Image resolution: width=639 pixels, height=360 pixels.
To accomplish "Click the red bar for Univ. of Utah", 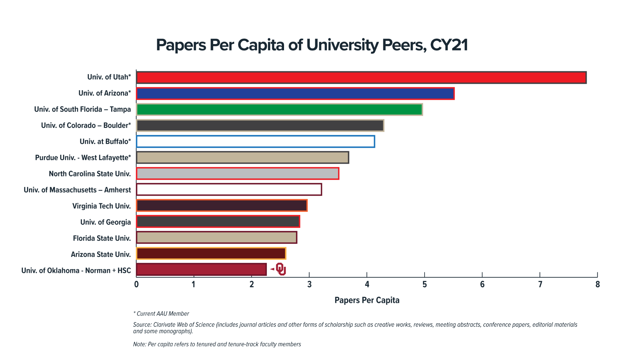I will (361, 78).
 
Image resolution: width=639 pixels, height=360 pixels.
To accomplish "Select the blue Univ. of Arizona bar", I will (295, 94).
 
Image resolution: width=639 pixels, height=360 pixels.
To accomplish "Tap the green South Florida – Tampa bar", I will (280, 109).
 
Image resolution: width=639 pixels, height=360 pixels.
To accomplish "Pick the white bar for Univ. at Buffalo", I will (256, 142).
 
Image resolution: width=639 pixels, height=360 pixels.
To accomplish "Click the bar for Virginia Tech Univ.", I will (222, 206).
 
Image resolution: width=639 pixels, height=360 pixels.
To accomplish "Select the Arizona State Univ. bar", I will (211, 254).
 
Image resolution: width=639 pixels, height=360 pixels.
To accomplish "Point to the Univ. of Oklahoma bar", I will (201, 270).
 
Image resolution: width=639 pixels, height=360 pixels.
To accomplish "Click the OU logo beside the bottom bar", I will (281, 269).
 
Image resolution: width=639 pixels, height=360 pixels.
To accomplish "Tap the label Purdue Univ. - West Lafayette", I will (83, 158).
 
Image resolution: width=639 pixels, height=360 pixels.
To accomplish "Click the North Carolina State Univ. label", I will (90, 174).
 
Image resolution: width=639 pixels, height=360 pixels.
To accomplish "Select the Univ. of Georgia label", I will (105, 222).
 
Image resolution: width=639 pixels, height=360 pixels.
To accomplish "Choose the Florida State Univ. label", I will (102, 238).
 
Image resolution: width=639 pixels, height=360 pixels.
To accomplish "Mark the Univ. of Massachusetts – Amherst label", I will (77, 190).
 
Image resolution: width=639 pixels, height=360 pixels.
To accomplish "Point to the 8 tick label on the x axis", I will (597, 284).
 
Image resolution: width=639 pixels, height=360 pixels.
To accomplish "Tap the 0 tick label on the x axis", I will (136, 284).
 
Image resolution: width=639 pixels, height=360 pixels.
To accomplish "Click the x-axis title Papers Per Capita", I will (367, 300).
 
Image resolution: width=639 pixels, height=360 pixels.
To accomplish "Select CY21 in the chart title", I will (449, 45).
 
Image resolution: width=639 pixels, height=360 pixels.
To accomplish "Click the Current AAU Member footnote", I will (161, 314).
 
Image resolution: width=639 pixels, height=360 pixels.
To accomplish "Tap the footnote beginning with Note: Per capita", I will (217, 344).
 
